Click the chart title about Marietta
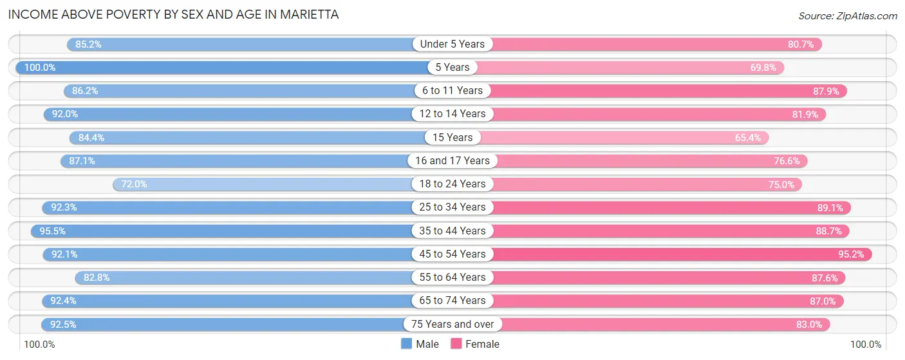173,14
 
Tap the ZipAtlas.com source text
847,15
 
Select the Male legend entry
420,344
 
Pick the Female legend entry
475,344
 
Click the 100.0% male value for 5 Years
40,67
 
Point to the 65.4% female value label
747,137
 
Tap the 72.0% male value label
135,184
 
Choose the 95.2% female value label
851,254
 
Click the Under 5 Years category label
452,44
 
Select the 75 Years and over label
452,324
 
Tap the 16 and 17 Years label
452,160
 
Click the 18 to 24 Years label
452,184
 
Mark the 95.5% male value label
52,231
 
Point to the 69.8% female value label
763,67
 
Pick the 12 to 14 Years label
452,113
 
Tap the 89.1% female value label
830,207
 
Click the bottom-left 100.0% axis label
40,345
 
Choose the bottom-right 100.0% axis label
865,345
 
